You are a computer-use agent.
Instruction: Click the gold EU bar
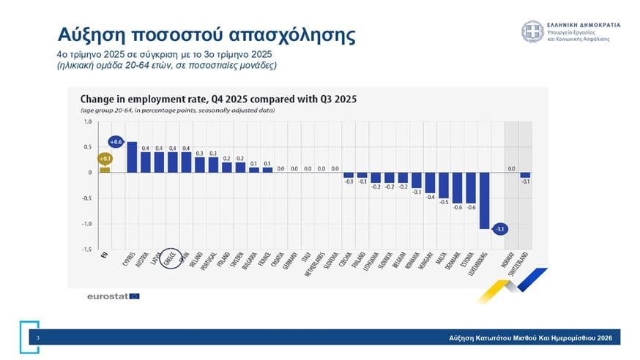point(105,170)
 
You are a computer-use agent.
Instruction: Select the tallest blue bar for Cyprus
point(132,157)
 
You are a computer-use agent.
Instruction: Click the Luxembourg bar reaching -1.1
point(484,200)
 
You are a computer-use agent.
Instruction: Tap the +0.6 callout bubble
point(116,141)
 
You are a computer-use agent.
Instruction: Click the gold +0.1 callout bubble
point(105,157)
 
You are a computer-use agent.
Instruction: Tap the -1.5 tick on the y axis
point(87,250)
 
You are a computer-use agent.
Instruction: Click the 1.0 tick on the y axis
point(87,121)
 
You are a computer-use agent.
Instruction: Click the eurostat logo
point(113,296)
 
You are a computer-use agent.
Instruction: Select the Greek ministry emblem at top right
point(532,31)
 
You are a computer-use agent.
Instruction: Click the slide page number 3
point(37,337)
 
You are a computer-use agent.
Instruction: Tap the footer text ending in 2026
point(531,337)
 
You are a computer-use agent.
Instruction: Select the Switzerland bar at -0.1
point(525,175)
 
